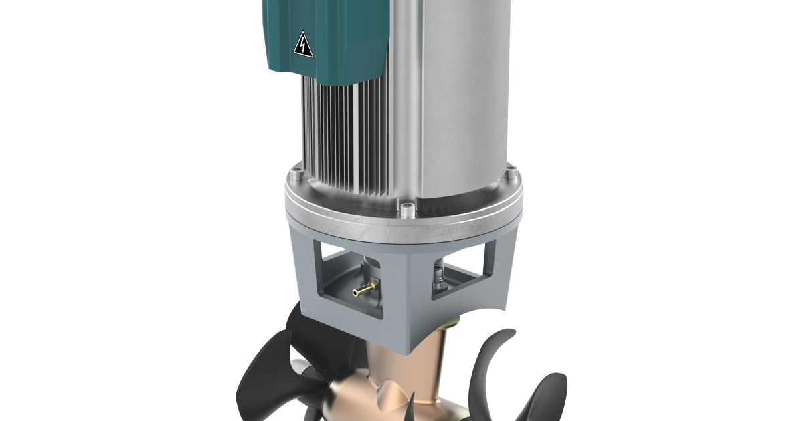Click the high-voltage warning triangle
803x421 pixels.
click(303, 45)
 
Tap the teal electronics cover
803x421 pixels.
click(335, 40)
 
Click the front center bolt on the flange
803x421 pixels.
click(407, 211)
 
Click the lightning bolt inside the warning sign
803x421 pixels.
click(303, 47)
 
